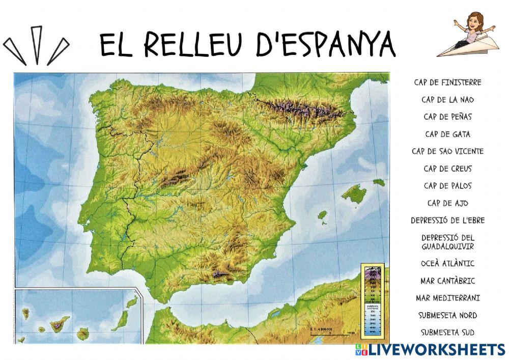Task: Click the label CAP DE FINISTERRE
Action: [447, 82]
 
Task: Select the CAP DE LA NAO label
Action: [447, 99]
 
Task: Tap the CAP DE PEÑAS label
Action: [447, 117]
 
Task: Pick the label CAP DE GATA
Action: [447, 134]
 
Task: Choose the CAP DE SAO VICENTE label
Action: [447, 151]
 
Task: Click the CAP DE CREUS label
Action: [447, 169]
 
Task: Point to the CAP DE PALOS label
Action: [447, 186]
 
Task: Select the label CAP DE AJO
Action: [447, 203]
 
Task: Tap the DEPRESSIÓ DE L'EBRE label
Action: [447, 220]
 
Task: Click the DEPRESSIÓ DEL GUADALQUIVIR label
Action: [447, 242]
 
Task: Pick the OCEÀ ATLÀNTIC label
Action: [447, 263]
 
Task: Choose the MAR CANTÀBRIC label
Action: [447, 281]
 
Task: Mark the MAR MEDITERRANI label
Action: [447, 298]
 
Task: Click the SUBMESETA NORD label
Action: [447, 315]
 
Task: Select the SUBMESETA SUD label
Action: [447, 333]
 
